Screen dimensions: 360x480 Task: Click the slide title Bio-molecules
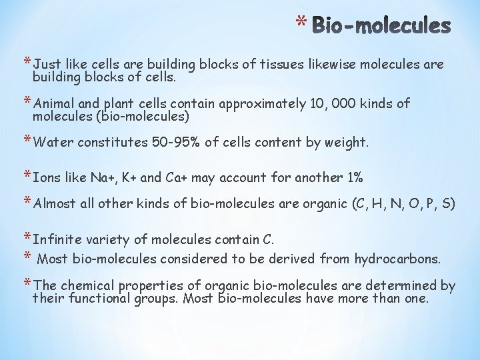[381, 26]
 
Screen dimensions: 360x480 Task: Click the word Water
[53, 142]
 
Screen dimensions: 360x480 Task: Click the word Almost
[55, 204]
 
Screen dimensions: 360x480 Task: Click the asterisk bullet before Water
[26, 141]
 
